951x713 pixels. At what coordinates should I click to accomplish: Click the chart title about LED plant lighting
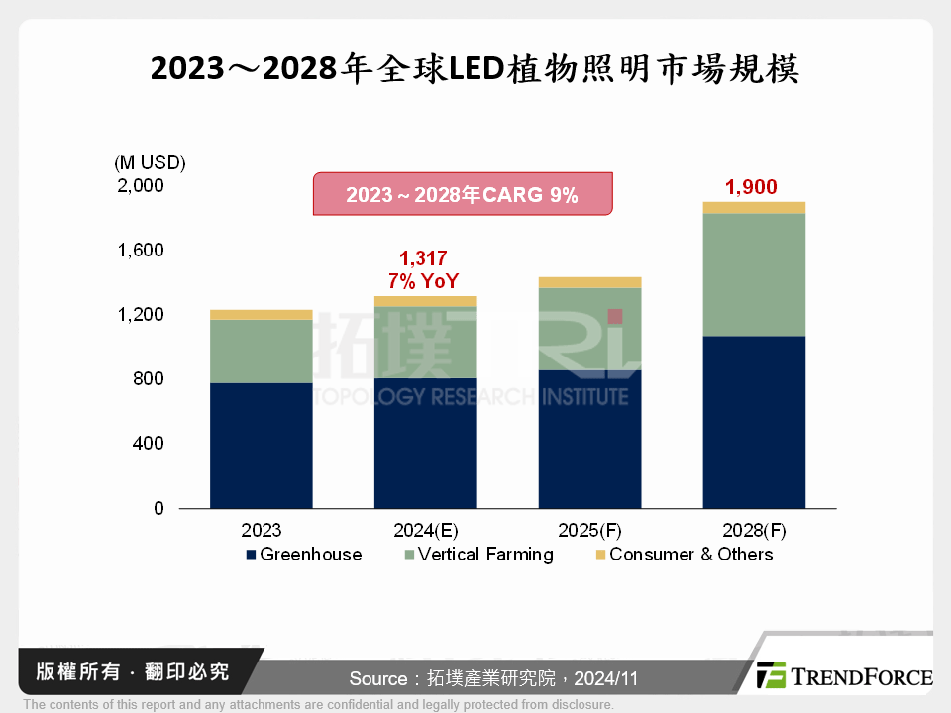coord(475,70)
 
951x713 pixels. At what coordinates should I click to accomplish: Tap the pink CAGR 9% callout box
coord(463,195)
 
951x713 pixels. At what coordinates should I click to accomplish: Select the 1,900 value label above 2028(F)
coord(751,186)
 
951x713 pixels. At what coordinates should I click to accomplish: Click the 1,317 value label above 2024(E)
coord(426,258)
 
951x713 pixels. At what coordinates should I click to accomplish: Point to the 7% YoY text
coord(426,280)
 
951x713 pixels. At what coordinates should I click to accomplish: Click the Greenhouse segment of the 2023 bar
coord(261,446)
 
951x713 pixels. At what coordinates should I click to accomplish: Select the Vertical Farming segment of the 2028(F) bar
coord(754,274)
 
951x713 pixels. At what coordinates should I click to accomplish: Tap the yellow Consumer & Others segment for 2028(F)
coord(754,208)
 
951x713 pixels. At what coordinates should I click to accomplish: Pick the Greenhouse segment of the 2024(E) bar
coord(425,443)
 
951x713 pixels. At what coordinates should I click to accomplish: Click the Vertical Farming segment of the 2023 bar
coord(261,352)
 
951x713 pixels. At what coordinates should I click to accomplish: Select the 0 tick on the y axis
coord(158,508)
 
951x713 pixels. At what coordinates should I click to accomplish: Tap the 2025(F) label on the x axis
coord(590,530)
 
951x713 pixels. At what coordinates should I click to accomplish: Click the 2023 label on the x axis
coord(261,530)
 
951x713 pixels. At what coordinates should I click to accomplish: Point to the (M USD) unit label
coord(150,162)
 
